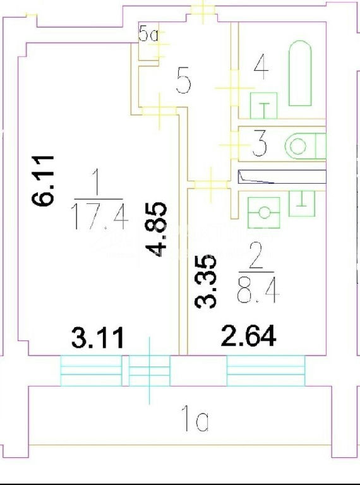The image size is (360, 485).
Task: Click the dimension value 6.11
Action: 43,181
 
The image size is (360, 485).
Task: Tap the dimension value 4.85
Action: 156,229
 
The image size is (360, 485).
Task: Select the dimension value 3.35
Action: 205,282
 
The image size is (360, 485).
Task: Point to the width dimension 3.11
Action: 98,337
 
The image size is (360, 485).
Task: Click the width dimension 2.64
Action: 248,335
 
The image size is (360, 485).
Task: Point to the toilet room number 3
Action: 259,144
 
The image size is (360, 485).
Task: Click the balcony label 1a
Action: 195,419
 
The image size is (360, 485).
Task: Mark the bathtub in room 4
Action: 300,73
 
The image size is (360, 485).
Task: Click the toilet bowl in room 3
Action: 305,146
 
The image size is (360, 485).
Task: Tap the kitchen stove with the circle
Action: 264,213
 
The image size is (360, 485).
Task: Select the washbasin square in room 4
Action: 263,105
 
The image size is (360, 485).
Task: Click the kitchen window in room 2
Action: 266,371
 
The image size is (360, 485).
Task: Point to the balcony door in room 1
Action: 150,371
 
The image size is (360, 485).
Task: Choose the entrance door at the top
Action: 203,10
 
